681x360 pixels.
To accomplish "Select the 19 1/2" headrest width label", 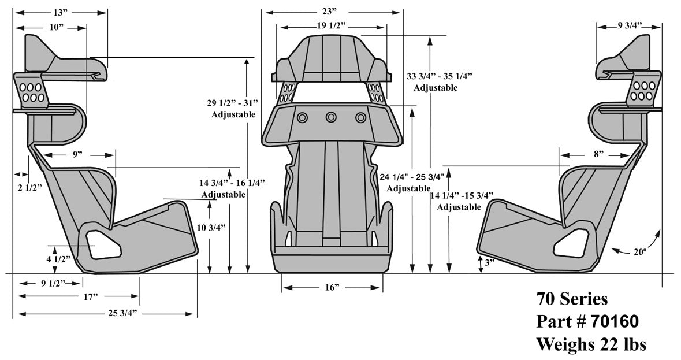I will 332,25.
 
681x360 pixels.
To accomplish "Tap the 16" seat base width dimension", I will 332,287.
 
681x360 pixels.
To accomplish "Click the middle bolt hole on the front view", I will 331,117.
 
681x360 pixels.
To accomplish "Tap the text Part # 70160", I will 587,321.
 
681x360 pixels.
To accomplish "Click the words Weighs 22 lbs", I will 591,344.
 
